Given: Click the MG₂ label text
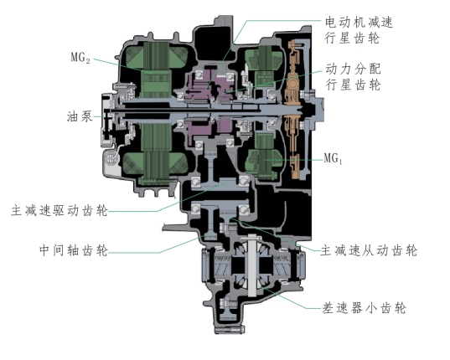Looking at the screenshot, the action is [80, 58].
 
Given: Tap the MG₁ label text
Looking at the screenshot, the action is [333, 158].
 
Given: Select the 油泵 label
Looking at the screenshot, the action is [80, 116].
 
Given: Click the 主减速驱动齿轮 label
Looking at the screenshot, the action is [59, 211].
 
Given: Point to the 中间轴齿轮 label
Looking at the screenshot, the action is [74, 250].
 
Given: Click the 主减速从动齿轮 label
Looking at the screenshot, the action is [369, 250].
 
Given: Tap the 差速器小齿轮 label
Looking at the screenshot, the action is [364, 308].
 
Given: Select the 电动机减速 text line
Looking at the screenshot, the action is [359, 22].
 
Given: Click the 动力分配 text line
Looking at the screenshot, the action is [353, 69].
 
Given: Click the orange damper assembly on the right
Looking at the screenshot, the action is [293, 109].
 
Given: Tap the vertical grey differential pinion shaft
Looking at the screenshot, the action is [251, 265].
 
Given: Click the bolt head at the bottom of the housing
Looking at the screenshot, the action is [230, 329].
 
